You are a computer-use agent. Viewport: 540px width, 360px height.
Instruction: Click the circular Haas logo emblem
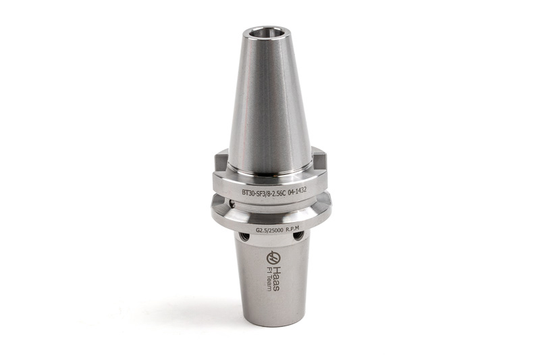click(273, 257)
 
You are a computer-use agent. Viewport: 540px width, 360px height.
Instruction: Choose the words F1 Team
click(269, 278)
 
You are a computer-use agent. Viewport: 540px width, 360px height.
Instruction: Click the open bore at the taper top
click(266, 33)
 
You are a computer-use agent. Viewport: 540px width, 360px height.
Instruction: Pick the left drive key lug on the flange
click(221, 161)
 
